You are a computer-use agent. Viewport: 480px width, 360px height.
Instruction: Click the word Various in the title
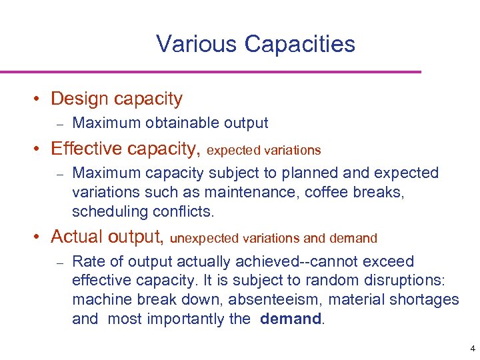197,44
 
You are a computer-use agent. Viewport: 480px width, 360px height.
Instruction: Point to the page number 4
472,349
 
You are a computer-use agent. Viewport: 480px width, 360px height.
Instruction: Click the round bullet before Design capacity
40,99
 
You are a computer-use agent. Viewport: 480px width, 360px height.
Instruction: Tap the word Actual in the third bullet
77,237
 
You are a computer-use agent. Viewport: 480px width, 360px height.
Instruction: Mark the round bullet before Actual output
40,237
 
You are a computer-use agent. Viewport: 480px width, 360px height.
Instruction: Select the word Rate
86,261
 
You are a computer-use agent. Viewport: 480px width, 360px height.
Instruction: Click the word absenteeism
252,299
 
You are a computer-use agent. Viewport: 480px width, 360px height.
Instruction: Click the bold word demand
291,319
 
